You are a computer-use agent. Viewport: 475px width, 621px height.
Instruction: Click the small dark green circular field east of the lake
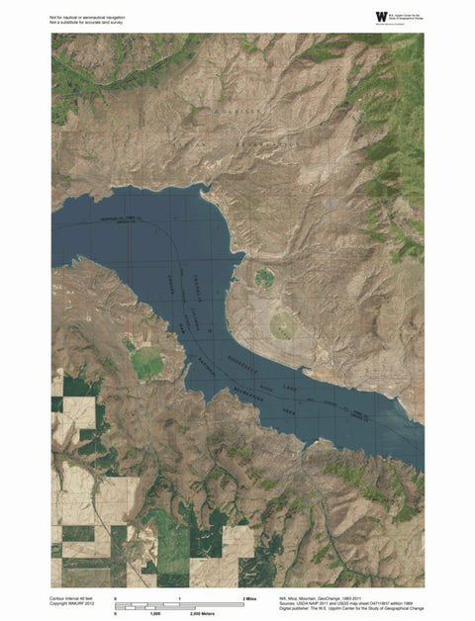264,278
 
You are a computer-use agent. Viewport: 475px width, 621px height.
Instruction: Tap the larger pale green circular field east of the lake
283,323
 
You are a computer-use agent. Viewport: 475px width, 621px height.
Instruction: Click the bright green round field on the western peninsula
147,363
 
